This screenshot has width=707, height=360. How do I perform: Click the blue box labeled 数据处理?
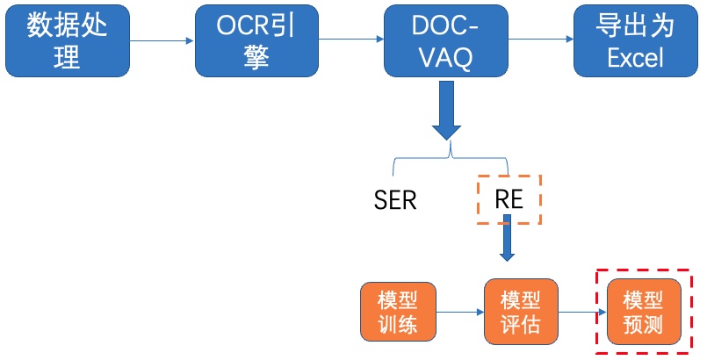(68, 40)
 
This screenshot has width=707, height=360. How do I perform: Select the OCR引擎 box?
(256, 40)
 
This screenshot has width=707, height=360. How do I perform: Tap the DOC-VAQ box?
(446, 40)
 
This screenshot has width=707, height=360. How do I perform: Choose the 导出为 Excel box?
(635, 40)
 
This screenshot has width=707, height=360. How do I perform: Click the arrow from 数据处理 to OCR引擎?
(162, 40)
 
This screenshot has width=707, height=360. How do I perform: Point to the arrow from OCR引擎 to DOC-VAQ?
(351, 40)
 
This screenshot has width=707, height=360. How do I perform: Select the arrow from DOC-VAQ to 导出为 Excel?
(541, 40)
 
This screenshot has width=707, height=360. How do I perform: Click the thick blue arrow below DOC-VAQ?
(446, 111)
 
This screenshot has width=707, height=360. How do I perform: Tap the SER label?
(395, 200)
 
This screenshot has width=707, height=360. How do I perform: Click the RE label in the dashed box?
(509, 198)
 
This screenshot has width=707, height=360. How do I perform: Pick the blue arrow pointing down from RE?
(507, 238)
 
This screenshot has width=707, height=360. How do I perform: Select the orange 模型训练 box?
(398, 312)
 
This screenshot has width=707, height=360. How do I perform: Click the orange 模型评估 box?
(521, 312)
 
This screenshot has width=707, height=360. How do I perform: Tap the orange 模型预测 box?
(644, 312)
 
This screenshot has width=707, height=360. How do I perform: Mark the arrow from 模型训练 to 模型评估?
(460, 312)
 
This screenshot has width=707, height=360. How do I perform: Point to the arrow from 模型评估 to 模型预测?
(582, 312)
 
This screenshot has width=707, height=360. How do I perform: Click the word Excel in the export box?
(635, 58)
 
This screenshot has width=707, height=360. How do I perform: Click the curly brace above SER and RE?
(451, 157)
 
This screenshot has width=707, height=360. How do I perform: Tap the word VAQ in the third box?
(446, 58)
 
